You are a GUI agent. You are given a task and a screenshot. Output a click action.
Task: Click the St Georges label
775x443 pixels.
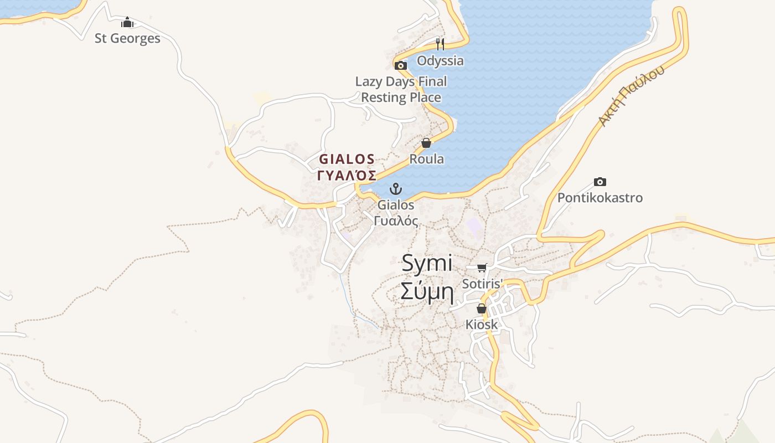point(127,38)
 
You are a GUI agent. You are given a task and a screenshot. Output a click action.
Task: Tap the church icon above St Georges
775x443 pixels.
point(127,22)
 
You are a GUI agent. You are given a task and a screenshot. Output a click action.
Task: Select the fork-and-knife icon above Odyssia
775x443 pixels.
point(440,44)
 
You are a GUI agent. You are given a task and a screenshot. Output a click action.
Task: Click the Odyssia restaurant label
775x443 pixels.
point(440,60)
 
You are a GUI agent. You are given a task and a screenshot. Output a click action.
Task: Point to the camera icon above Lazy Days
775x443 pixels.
point(401,65)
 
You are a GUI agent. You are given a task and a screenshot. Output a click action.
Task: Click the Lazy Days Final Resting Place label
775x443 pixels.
point(401,90)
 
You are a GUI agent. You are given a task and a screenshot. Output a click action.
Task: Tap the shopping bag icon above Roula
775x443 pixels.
point(426,143)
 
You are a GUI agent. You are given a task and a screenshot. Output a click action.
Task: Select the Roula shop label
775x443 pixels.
point(426,159)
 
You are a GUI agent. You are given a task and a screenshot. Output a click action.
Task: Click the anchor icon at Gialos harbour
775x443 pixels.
point(395,189)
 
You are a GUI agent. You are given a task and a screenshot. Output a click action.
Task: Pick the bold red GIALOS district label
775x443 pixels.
point(347,159)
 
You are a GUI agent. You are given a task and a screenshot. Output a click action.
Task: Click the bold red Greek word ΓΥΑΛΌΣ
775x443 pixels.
point(347,176)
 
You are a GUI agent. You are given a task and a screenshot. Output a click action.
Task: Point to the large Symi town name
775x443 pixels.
point(427,263)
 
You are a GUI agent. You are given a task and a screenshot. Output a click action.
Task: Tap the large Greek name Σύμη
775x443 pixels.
point(427,291)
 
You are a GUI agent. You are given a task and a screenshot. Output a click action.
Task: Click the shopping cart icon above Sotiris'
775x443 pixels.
point(482,268)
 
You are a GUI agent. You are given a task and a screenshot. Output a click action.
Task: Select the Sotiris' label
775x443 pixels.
point(482,284)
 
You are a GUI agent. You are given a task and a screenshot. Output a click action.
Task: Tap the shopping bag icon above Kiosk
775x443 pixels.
point(482,308)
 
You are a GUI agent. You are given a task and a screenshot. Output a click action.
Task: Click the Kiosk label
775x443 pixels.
point(482,324)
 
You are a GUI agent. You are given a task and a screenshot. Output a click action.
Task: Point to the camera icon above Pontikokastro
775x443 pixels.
point(600,182)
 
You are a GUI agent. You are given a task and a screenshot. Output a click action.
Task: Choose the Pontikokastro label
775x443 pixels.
point(600,198)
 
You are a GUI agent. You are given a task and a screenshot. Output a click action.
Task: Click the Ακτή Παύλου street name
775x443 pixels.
point(631,97)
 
